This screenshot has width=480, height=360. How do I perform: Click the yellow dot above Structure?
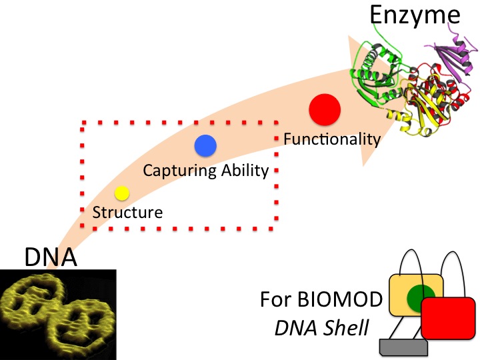click(x=121, y=193)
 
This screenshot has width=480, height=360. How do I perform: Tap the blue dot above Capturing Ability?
click(x=205, y=146)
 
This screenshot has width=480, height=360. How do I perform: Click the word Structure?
click(x=127, y=213)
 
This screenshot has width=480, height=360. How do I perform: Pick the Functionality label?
click(x=331, y=139)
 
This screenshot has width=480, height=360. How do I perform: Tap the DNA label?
click(x=51, y=256)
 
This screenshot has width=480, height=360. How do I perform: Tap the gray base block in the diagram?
click(x=403, y=347)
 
